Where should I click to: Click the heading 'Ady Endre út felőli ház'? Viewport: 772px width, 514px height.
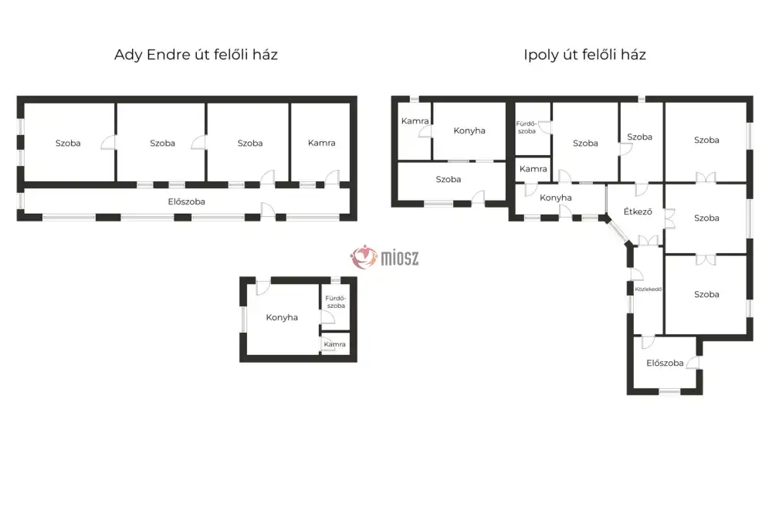pyautogui.click(x=196, y=54)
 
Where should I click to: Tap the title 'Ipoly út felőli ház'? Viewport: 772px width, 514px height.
pyautogui.click(x=585, y=55)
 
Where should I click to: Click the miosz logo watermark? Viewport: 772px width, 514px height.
pyautogui.click(x=384, y=257)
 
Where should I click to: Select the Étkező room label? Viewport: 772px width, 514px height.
pyautogui.click(x=638, y=211)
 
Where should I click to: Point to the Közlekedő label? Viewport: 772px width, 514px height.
pyautogui.click(x=648, y=289)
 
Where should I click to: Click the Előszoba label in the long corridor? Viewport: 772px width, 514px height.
pyautogui.click(x=186, y=201)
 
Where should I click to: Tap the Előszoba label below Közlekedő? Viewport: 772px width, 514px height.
pyautogui.click(x=665, y=363)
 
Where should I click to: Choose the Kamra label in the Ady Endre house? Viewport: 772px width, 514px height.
pyautogui.click(x=321, y=143)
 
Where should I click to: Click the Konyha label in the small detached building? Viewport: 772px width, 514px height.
pyautogui.click(x=282, y=317)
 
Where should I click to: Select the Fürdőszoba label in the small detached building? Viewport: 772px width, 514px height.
pyautogui.click(x=336, y=302)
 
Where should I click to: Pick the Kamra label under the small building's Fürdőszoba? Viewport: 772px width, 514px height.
pyautogui.click(x=335, y=344)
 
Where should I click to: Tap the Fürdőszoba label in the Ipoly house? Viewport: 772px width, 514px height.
pyautogui.click(x=527, y=127)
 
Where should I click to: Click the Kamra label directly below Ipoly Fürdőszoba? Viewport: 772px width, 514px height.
pyautogui.click(x=533, y=169)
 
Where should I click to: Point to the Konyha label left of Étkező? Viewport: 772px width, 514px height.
pyautogui.click(x=555, y=198)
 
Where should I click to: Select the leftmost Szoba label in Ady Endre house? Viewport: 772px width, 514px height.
pyautogui.click(x=68, y=144)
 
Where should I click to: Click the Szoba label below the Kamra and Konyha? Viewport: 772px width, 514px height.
pyautogui.click(x=448, y=179)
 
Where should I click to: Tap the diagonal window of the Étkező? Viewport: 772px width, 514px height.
pyautogui.click(x=618, y=231)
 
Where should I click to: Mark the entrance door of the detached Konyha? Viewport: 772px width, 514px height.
pyautogui.click(x=263, y=286)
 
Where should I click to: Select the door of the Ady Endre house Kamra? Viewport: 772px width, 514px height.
pyautogui.click(x=332, y=178)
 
